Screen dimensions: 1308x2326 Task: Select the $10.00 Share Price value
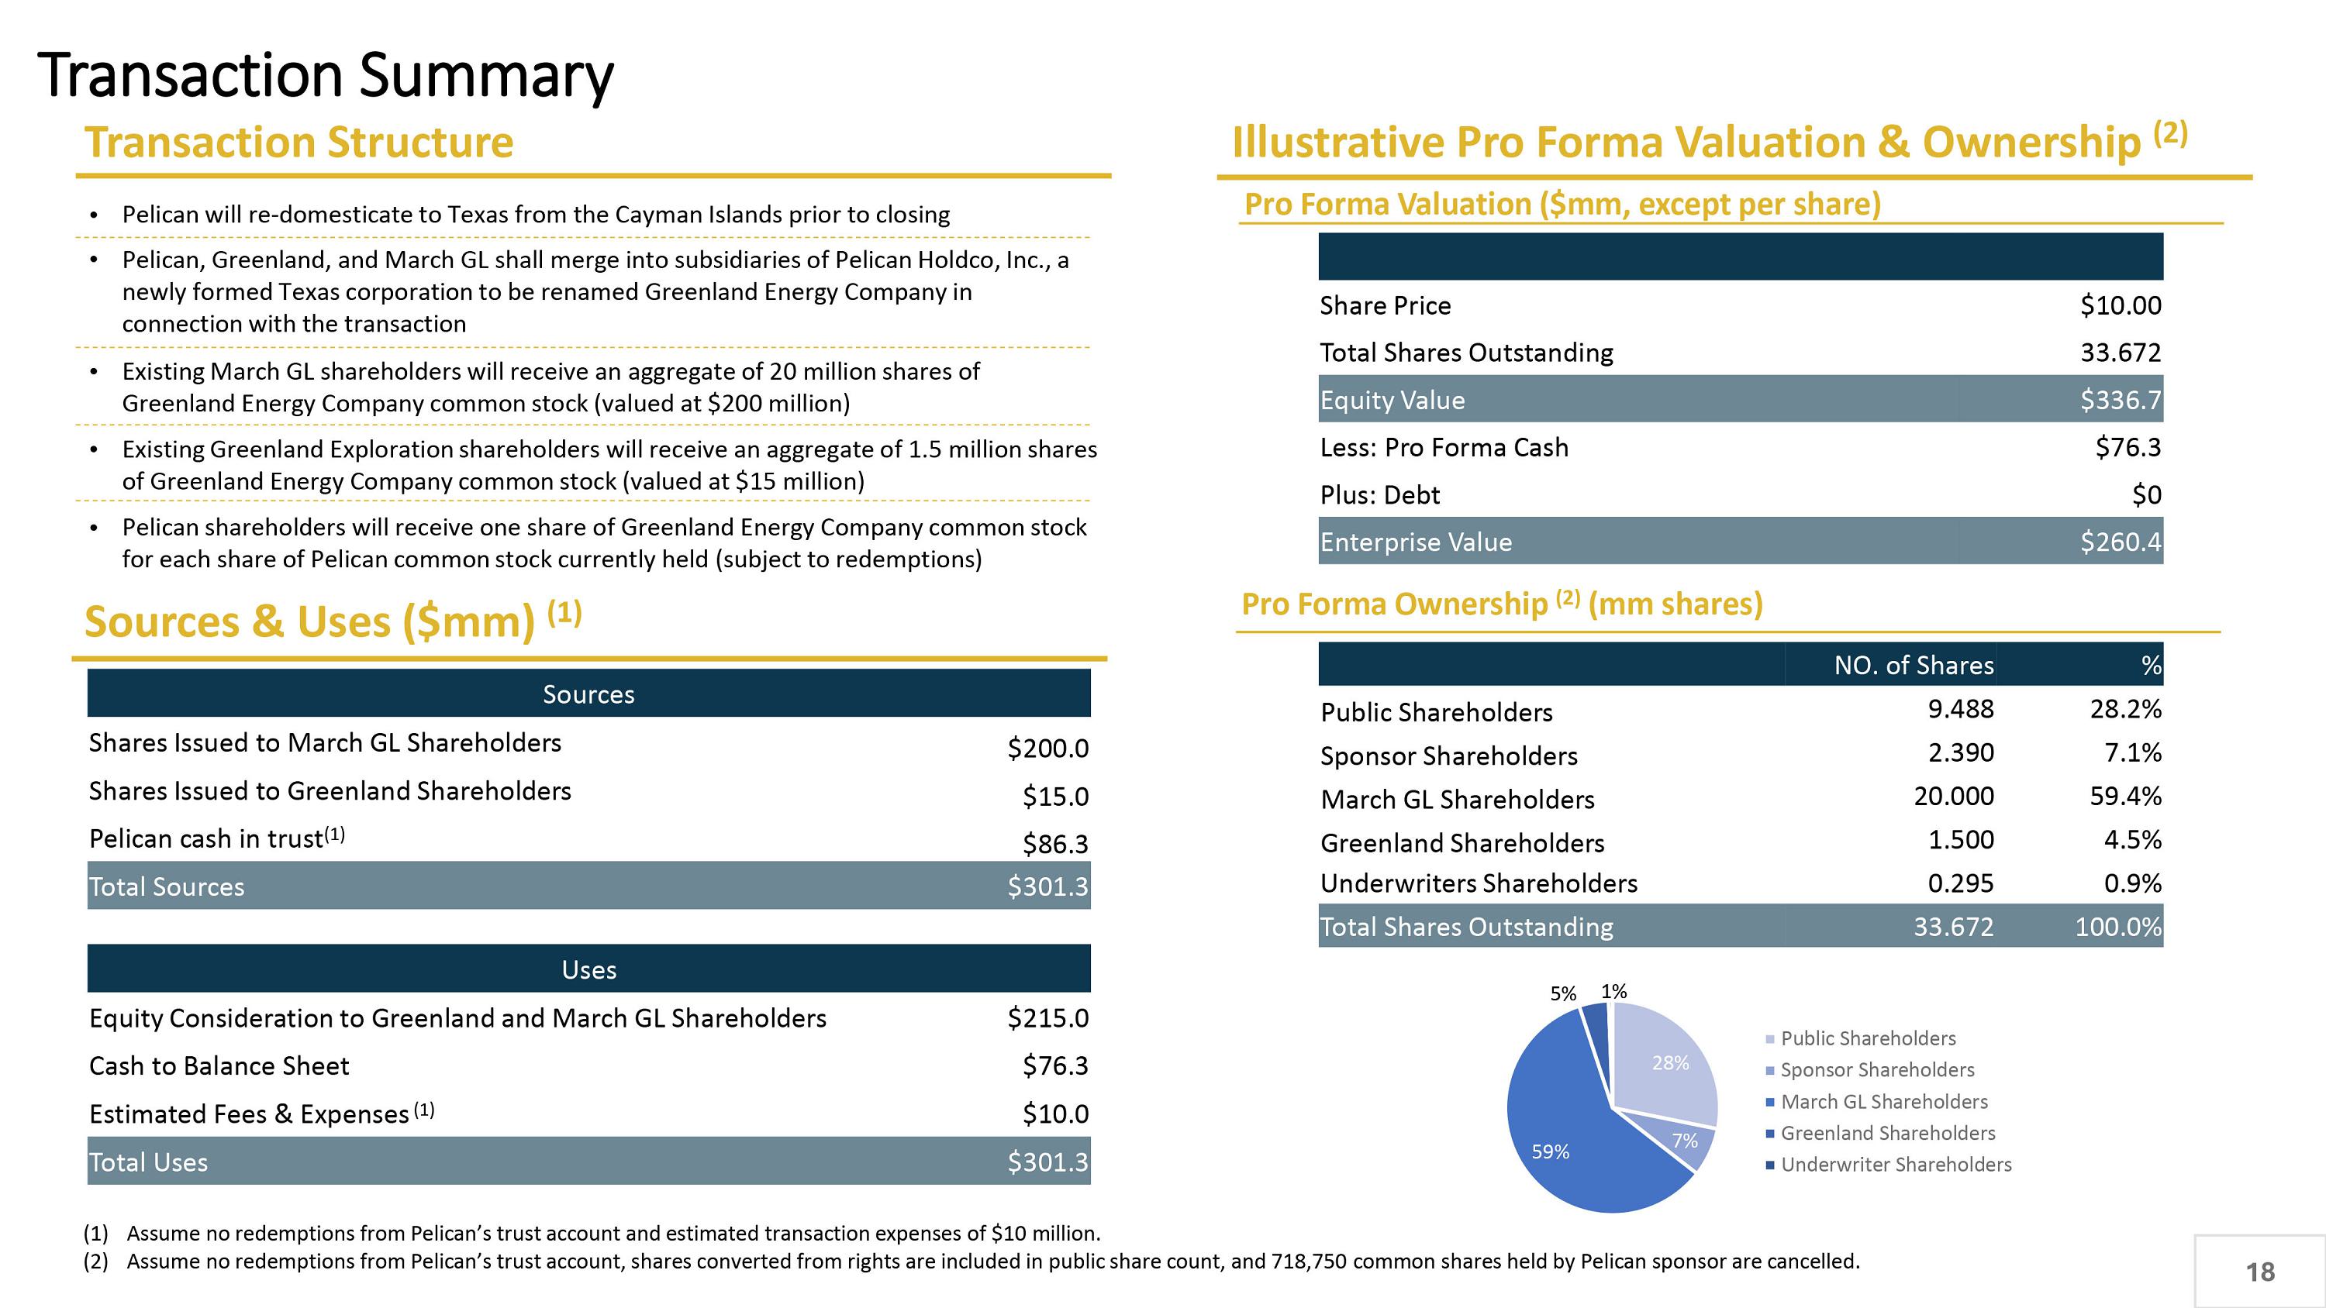[x=2120, y=306]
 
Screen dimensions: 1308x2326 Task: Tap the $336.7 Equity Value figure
[x=2120, y=400]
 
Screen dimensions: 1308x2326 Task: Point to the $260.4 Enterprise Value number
[x=2120, y=542]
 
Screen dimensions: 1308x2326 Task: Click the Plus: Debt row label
[x=1380, y=494]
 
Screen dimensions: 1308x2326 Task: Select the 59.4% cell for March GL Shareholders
[x=2125, y=796]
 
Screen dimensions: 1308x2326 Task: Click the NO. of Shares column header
[x=1914, y=666]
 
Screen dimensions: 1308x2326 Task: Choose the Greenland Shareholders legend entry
[x=1887, y=1133]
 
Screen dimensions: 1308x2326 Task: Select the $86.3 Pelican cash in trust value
[x=1054, y=844]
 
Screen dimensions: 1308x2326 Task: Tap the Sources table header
[x=588, y=694]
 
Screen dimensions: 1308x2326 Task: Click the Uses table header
[x=588, y=969]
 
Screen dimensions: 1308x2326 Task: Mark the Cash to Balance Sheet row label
[x=219, y=1066]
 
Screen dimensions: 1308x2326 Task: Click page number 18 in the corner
[x=2260, y=1272]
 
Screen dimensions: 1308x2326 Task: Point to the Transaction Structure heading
[x=299, y=143]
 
